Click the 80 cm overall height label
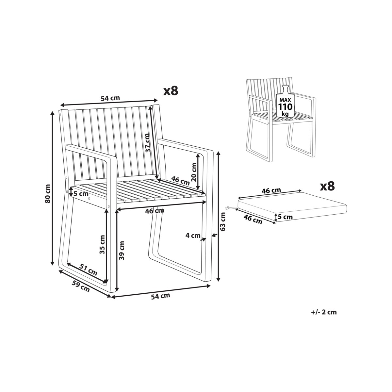click(48, 193)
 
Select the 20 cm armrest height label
click(194, 172)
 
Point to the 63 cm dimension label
click(223, 222)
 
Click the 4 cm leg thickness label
click(193, 235)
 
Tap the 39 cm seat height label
click(122, 250)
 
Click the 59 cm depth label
click(81, 286)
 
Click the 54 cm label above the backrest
click(110, 98)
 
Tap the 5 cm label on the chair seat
click(81, 193)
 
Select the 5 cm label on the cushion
click(285, 217)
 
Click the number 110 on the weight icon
click(285, 107)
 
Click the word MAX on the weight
click(285, 100)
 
